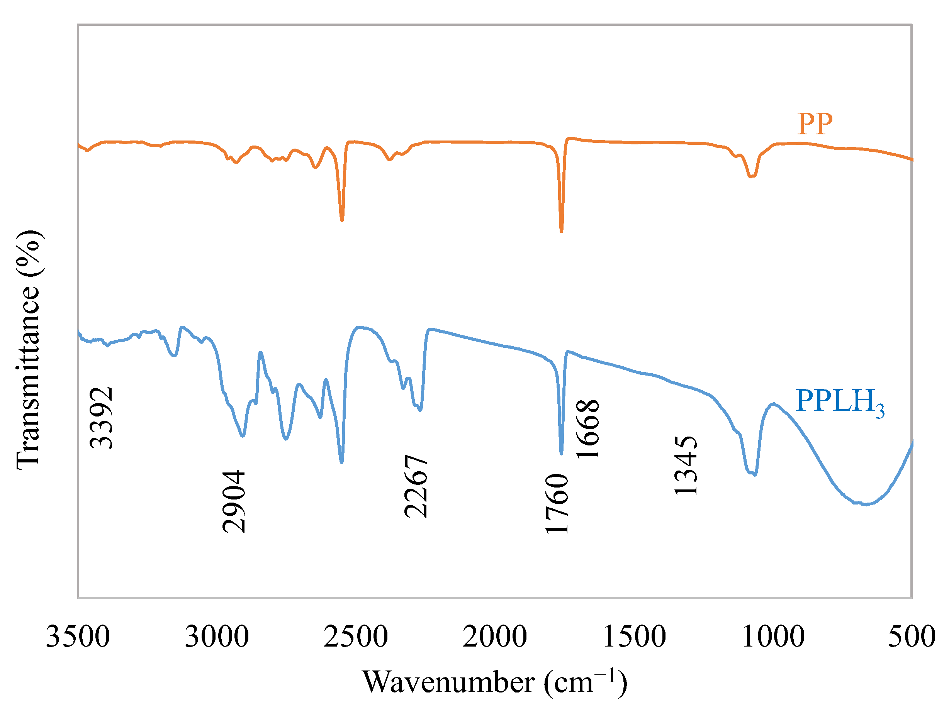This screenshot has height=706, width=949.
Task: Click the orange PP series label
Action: click(x=814, y=124)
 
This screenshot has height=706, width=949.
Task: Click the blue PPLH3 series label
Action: click(x=839, y=402)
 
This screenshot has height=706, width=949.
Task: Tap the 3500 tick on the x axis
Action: click(x=78, y=637)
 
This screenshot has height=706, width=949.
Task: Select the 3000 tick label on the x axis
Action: click(x=217, y=637)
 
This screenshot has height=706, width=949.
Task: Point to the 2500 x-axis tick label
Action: click(x=355, y=637)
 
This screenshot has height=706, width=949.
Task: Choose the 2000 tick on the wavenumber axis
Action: click(x=494, y=637)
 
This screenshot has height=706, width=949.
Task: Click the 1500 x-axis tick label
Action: click(x=634, y=637)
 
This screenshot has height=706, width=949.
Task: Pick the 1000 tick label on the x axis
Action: click(x=773, y=637)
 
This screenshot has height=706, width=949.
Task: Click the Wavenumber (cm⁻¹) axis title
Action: click(x=495, y=682)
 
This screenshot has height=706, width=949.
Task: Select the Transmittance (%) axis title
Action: click(x=28, y=350)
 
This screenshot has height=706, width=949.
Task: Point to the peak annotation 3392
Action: click(x=101, y=418)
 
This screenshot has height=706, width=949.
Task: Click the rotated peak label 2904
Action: click(x=234, y=501)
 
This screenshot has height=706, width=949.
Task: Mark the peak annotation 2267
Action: click(x=416, y=486)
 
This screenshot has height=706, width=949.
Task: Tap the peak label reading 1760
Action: click(x=557, y=503)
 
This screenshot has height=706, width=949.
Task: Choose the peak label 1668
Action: click(x=588, y=429)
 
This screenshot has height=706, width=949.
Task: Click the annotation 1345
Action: click(x=686, y=466)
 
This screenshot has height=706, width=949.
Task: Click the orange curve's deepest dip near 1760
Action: click(x=561, y=231)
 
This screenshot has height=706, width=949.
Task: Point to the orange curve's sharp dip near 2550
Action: click(x=342, y=220)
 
